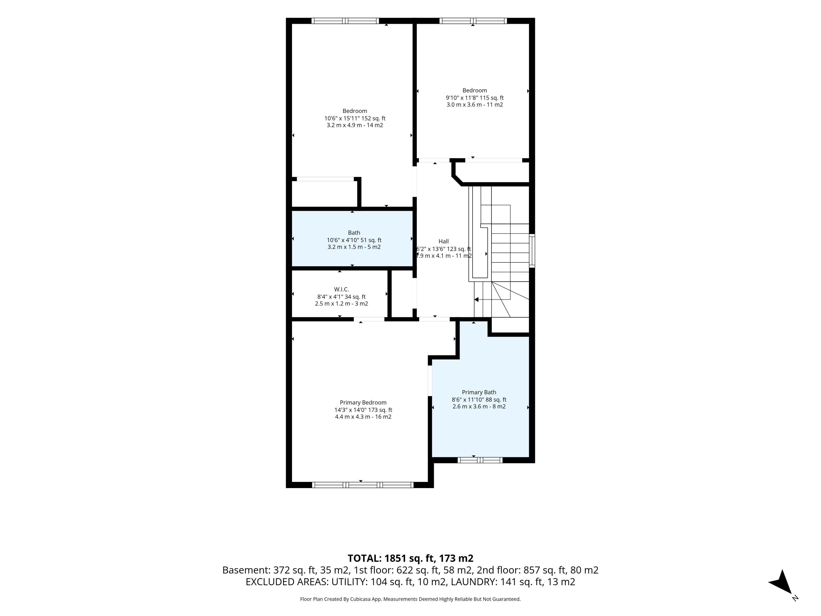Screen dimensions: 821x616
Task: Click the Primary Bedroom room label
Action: (363, 403)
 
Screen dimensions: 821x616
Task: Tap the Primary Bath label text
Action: (479, 392)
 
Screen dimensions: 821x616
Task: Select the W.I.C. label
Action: (341, 289)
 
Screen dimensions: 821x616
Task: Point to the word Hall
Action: (444, 241)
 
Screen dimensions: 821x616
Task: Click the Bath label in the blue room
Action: (354, 233)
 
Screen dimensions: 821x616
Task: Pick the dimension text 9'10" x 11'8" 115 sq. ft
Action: (475, 98)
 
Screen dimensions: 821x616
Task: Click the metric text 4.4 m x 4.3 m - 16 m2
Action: (363, 417)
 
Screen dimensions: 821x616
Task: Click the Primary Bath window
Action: (480, 460)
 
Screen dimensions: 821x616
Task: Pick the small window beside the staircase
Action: (532, 251)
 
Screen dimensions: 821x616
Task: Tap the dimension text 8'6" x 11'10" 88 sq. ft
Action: (479, 400)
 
